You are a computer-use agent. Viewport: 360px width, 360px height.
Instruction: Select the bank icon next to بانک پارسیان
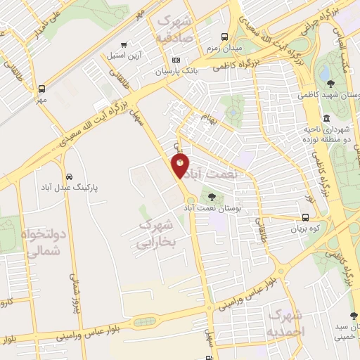(176, 60)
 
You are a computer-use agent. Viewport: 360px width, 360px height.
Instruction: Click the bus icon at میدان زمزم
(224, 37)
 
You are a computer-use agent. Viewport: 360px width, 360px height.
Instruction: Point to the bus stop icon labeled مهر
(41, 89)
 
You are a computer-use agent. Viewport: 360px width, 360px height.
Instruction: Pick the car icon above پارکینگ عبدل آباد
(69, 176)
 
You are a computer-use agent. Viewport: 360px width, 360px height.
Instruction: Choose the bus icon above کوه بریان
(305, 217)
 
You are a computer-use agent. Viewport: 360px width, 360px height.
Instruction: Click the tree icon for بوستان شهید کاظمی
(330, 84)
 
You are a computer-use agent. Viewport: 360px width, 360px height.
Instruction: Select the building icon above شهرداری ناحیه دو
(326, 117)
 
